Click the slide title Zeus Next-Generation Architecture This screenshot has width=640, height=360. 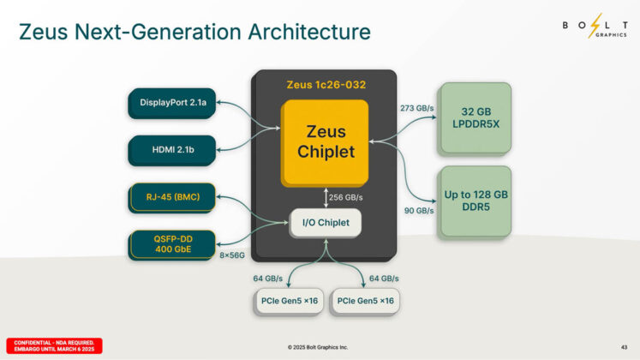click(x=194, y=32)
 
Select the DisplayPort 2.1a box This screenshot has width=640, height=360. click(x=172, y=105)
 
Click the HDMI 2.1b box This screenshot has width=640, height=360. click(x=172, y=150)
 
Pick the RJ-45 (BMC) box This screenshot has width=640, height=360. click(x=172, y=199)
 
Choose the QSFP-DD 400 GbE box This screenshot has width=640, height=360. click(x=172, y=244)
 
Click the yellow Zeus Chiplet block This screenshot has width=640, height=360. click(x=326, y=142)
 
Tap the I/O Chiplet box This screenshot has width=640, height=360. click(x=326, y=223)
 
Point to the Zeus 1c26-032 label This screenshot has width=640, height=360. click(x=326, y=86)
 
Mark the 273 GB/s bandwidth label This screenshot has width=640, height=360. click(x=418, y=108)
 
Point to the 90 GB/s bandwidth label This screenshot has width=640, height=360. click(x=416, y=210)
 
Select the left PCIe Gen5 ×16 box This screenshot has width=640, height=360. click(x=287, y=301)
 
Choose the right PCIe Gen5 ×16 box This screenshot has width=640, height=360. click(x=366, y=301)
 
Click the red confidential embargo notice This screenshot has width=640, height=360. click(x=54, y=345)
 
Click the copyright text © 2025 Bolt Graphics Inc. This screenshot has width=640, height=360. click(x=319, y=346)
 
